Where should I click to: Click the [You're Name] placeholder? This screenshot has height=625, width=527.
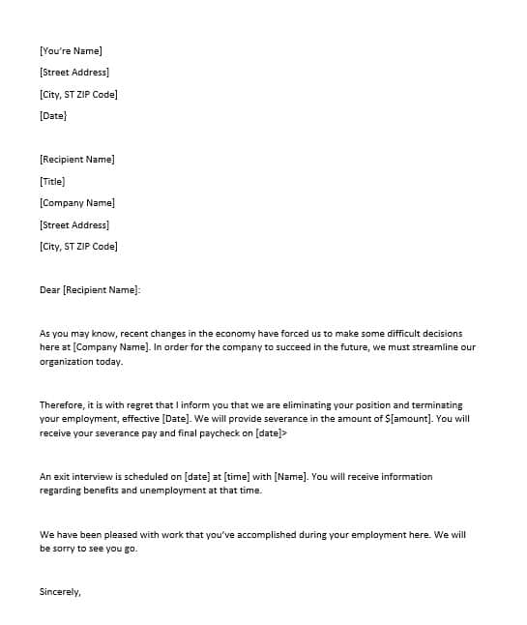[x=71, y=50]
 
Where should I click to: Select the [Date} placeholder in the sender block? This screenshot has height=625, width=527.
[x=53, y=116]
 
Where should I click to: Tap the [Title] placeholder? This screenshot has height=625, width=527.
[x=52, y=181]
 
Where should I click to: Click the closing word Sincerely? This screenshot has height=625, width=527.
[x=60, y=591]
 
